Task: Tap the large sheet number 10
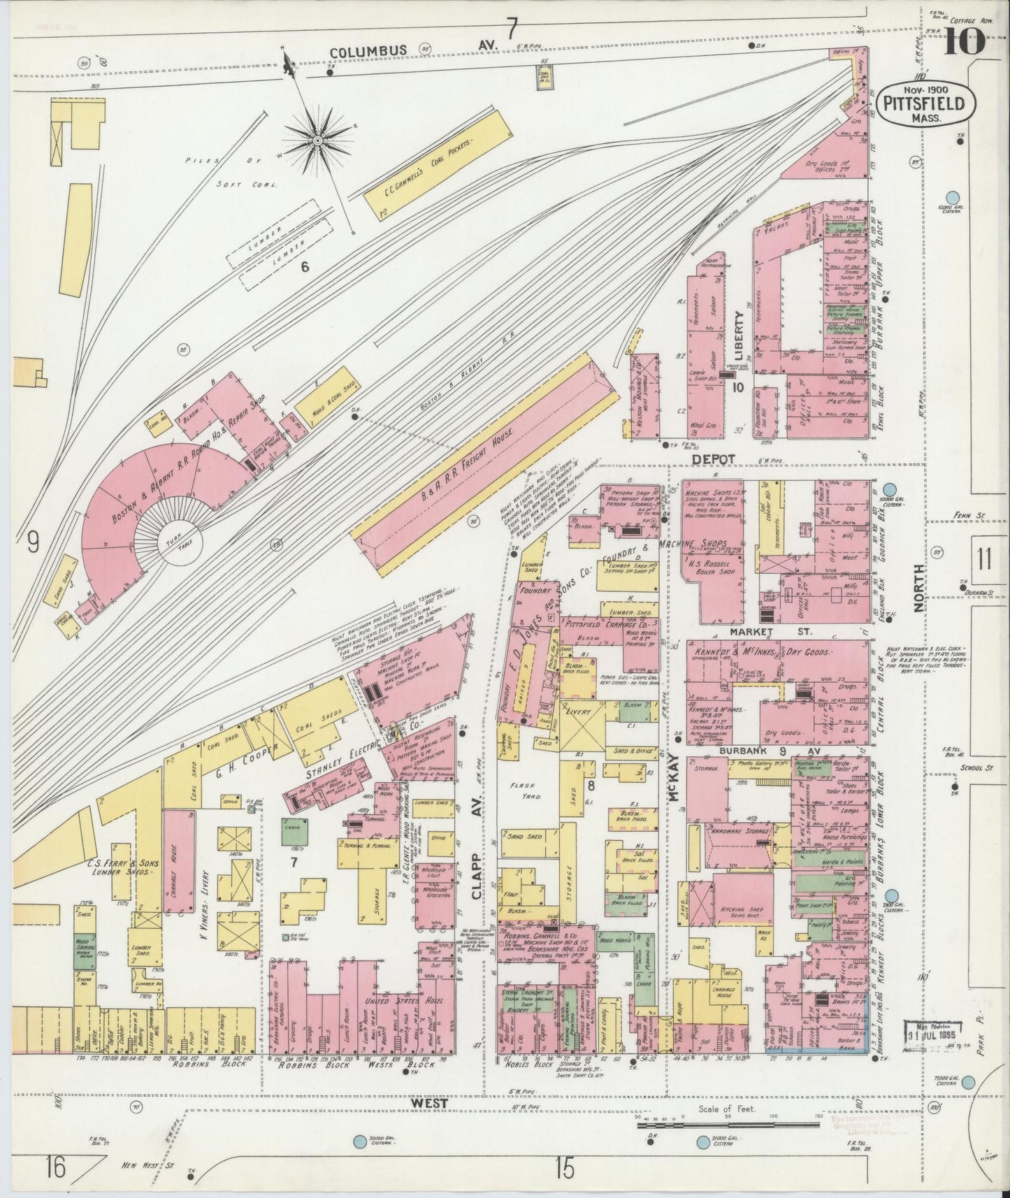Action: click(965, 41)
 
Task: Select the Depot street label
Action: click(716, 458)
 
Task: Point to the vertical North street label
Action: click(920, 589)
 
